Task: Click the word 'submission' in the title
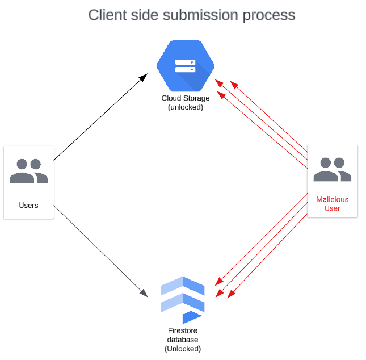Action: click(x=201, y=15)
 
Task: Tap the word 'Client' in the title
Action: click(x=107, y=15)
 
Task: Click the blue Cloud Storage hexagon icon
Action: click(x=186, y=66)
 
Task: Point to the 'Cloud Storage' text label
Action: click(x=186, y=98)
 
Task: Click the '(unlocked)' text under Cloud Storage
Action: click(x=186, y=107)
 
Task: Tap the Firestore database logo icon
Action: click(x=183, y=300)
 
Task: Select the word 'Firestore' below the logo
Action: click(x=183, y=330)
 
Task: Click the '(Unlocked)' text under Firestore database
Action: click(x=183, y=349)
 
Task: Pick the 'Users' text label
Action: click(x=28, y=206)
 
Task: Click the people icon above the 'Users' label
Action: click(x=29, y=171)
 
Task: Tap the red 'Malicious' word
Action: click(x=332, y=199)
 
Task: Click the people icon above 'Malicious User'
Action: click(x=333, y=169)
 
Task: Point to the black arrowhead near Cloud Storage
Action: click(x=143, y=78)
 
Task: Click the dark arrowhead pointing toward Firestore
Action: click(x=144, y=293)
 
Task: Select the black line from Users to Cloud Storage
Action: click(x=100, y=117)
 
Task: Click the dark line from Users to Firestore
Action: click(x=101, y=252)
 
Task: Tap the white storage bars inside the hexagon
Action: click(x=186, y=66)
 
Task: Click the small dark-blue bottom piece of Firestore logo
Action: click(x=192, y=317)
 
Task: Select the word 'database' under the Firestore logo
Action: click(x=183, y=340)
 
